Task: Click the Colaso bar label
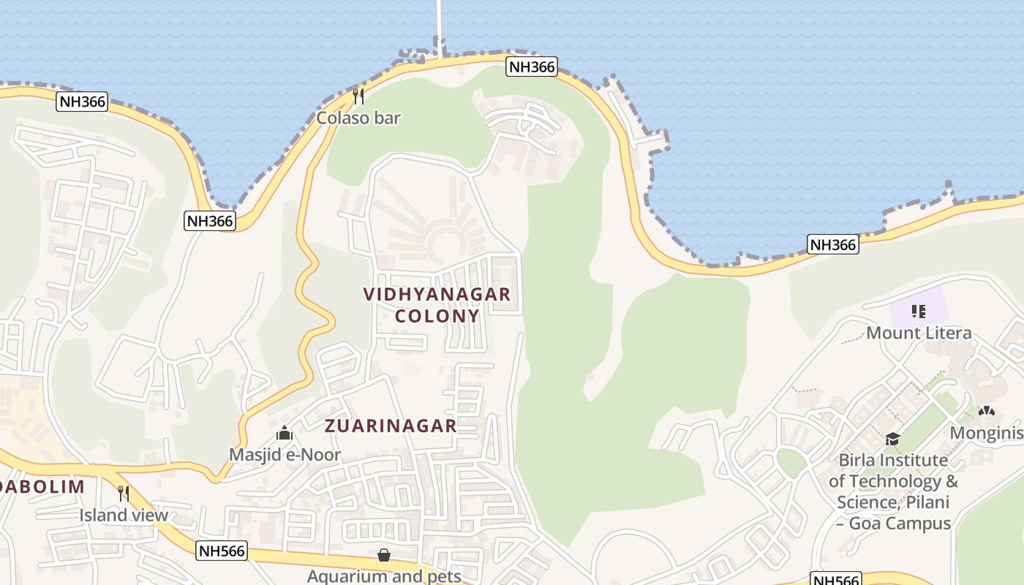point(358,118)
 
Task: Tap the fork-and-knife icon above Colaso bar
point(358,96)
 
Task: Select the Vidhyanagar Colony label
point(437,305)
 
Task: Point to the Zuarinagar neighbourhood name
point(391,426)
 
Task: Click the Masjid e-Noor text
point(285,455)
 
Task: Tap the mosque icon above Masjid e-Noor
point(285,434)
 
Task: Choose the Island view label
point(124,515)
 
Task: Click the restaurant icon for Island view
point(124,494)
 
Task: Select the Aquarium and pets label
point(384,576)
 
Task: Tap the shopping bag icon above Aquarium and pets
point(384,556)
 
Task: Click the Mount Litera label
point(919,333)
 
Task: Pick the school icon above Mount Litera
point(919,312)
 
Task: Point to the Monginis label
point(986,433)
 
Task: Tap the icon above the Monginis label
point(986,412)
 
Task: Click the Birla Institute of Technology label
point(893,491)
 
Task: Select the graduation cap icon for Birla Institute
point(892,439)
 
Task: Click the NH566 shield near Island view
point(222,551)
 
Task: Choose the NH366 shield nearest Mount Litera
point(833,244)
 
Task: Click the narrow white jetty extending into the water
point(440,26)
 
